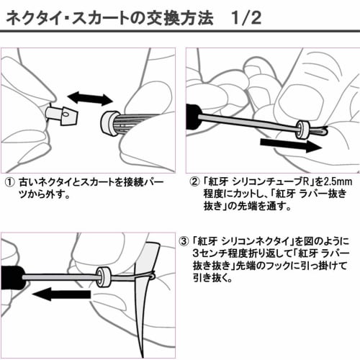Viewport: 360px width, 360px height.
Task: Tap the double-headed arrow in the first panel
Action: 89,99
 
